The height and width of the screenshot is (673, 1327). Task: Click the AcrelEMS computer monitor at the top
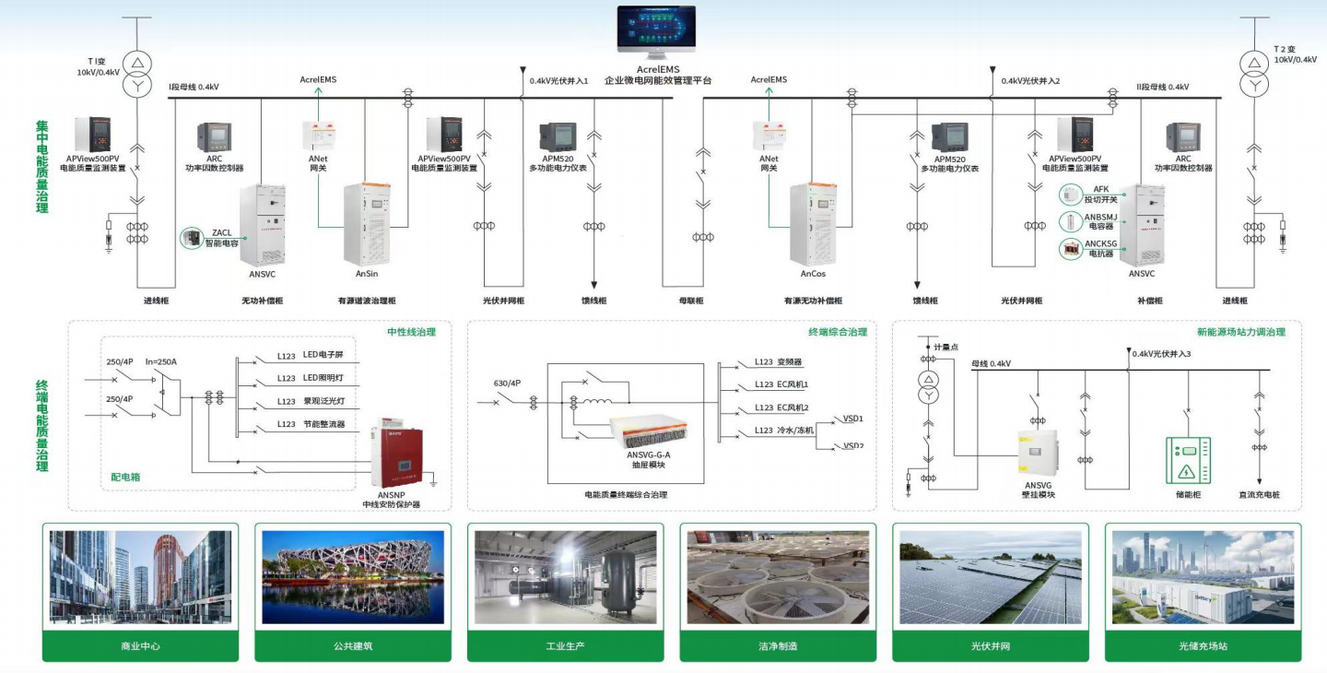point(657,34)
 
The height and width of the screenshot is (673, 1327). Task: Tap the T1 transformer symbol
point(136,72)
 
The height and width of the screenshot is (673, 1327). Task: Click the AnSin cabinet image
point(367,225)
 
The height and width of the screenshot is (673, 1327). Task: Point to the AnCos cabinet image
point(813,225)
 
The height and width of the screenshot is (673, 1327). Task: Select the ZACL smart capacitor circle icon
point(192,239)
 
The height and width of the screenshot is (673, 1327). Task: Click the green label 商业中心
point(140,646)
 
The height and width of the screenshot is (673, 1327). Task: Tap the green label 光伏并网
point(991,646)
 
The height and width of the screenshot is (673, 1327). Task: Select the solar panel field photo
point(990,576)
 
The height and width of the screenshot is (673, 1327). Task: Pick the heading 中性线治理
point(411,332)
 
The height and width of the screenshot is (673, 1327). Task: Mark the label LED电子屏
point(323,354)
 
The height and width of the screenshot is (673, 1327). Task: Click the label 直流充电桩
point(1259,495)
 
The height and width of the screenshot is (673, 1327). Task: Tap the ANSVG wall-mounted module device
point(1037,451)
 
